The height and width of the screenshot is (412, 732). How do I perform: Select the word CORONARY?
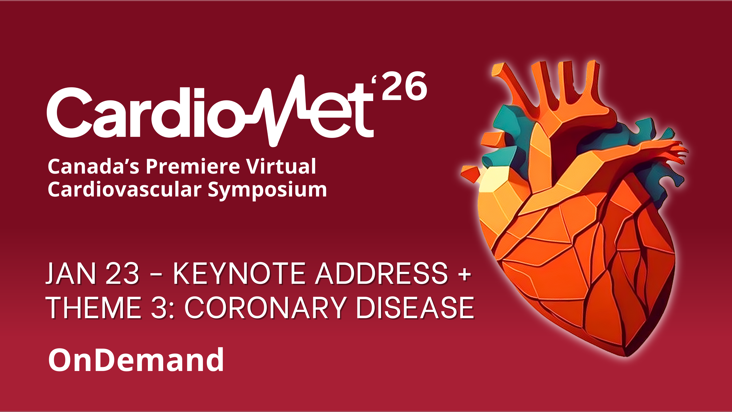click(265, 308)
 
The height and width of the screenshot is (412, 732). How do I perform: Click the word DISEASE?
click(415, 308)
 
